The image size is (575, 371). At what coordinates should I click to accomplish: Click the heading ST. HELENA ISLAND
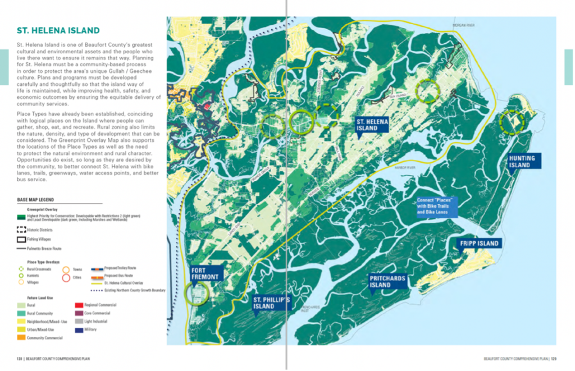point(58,30)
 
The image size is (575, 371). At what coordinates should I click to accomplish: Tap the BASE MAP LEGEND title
point(36,200)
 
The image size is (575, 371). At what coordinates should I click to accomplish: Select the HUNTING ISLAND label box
point(523,162)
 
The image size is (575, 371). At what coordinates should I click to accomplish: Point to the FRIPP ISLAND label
point(479,244)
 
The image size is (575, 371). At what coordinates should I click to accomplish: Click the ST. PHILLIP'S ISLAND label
point(271,303)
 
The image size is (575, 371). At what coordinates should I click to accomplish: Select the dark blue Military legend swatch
point(79,329)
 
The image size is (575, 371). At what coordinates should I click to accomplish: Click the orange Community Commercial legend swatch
point(22,338)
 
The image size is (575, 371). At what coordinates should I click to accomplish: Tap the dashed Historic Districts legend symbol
point(22,230)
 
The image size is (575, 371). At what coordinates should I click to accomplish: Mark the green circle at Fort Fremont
point(196,292)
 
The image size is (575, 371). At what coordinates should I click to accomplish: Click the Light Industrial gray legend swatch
point(79,321)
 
